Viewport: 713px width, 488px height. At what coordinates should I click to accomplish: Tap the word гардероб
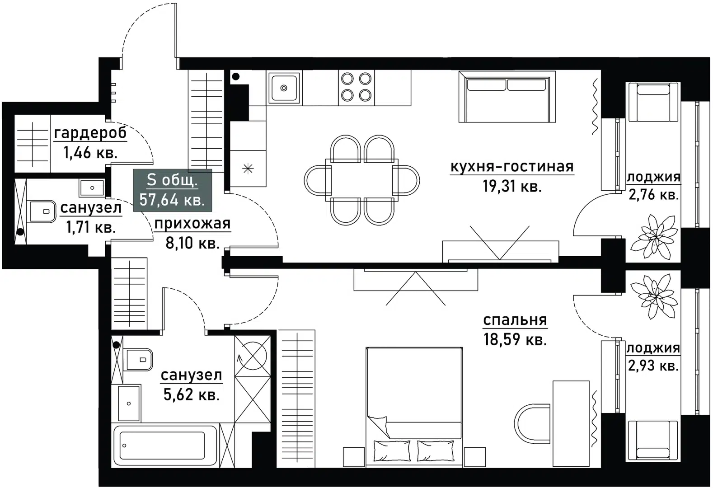[x=90, y=133]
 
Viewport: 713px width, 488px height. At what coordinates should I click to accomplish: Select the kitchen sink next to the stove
[x=284, y=88]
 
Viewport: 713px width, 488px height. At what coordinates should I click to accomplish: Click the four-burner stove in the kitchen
[x=356, y=87]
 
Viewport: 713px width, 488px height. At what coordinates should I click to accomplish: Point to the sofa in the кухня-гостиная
[x=507, y=97]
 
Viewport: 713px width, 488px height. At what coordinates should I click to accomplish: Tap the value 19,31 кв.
[x=512, y=186]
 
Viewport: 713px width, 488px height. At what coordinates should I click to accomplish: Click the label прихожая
[x=192, y=223]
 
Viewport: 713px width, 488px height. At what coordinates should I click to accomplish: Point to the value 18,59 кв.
[x=515, y=339]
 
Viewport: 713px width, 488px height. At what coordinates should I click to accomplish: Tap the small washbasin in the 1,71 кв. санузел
[x=92, y=187]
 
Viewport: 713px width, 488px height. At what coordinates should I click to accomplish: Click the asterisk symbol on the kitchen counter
[x=248, y=169]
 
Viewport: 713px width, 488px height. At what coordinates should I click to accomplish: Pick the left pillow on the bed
[x=391, y=450]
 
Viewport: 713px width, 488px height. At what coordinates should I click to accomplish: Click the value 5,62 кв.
[x=191, y=395]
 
